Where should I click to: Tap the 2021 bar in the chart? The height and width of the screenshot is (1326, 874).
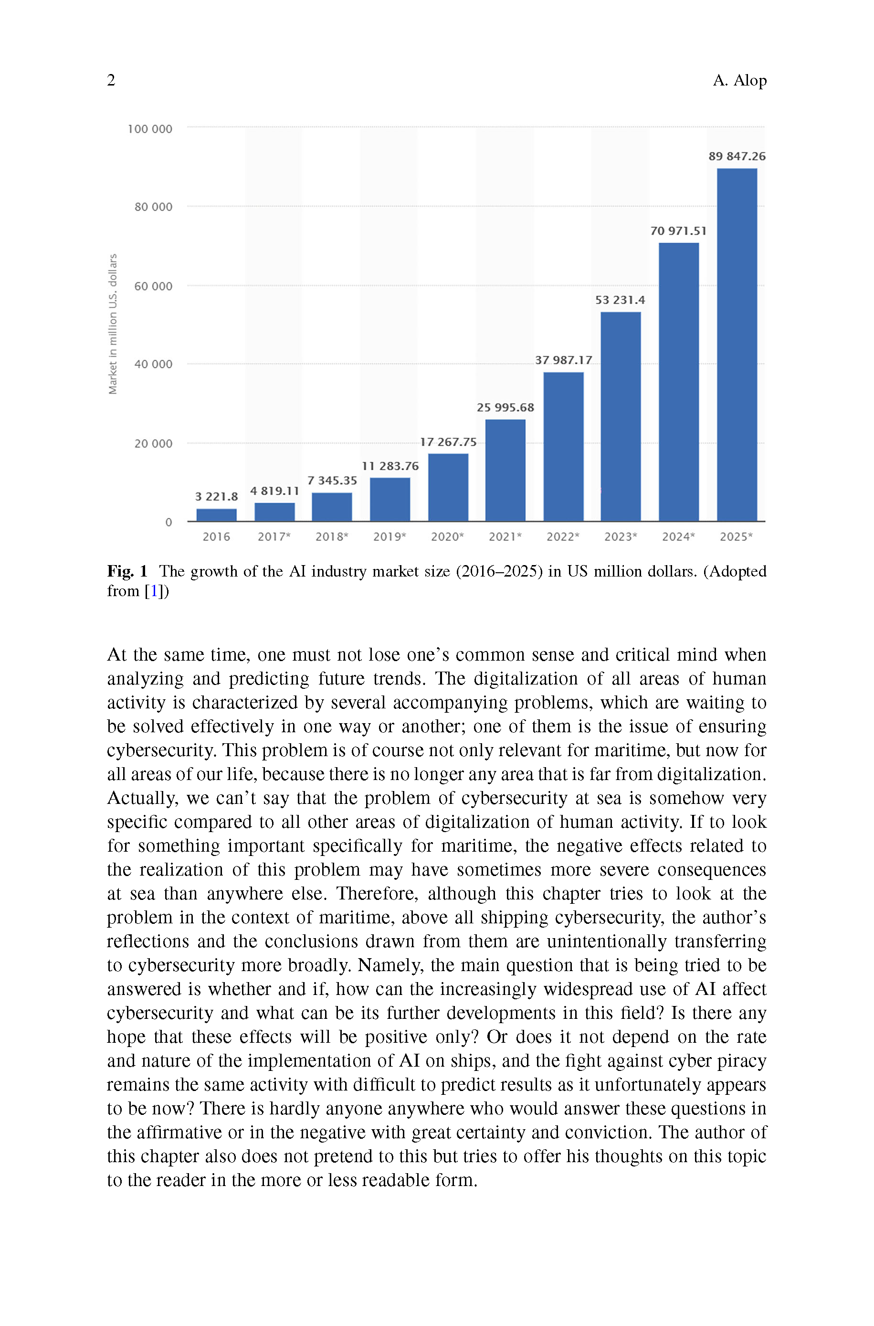505,470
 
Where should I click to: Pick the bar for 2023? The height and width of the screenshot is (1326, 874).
621,417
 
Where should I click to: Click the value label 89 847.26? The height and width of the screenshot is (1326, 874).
737,157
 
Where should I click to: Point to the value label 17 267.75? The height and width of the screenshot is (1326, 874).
448,442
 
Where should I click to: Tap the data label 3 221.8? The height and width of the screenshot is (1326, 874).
216,496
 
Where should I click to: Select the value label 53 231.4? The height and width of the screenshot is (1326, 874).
620,300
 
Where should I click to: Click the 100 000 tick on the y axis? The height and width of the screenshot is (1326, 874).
150,129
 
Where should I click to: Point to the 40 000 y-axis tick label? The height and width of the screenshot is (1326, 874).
153,364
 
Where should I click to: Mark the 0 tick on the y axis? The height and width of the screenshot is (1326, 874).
168,523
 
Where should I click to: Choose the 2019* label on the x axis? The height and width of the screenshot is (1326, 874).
390,537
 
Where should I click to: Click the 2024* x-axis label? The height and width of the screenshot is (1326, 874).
678,537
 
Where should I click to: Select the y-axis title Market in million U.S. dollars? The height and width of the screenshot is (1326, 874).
113,324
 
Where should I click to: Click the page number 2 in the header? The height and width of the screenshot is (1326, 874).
112,80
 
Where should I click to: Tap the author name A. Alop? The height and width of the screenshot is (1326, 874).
739,80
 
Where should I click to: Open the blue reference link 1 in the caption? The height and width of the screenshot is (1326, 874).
154,591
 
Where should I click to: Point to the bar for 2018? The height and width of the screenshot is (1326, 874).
332,507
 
